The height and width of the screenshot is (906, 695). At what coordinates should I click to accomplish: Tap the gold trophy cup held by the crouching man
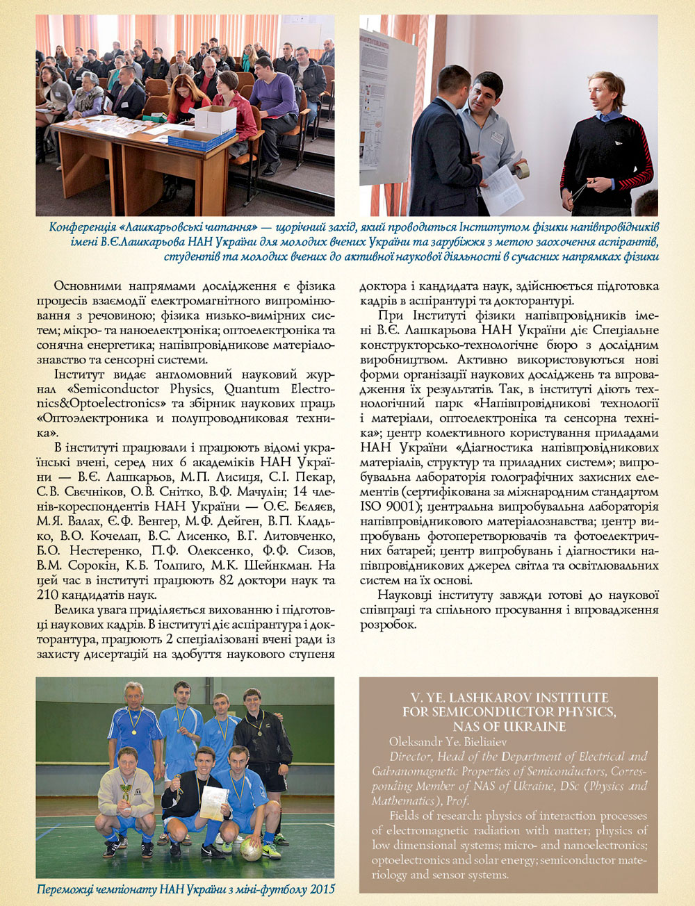126,791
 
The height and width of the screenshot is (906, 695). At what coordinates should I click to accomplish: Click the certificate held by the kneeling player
213,803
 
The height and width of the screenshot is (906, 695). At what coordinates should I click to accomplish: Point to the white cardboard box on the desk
215,119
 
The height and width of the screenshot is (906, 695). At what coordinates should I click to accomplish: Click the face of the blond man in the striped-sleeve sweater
603,92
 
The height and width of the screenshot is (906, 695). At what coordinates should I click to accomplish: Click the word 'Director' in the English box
409,757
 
